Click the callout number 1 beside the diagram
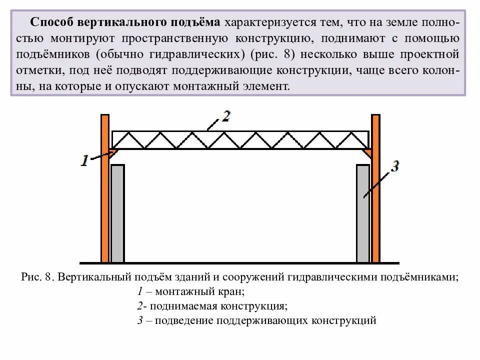[x=85, y=160]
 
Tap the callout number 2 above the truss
[x=225, y=116]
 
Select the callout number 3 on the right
[x=394, y=166]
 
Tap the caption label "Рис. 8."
[x=37, y=276]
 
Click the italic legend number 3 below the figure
[x=140, y=320]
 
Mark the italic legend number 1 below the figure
[x=140, y=291]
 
